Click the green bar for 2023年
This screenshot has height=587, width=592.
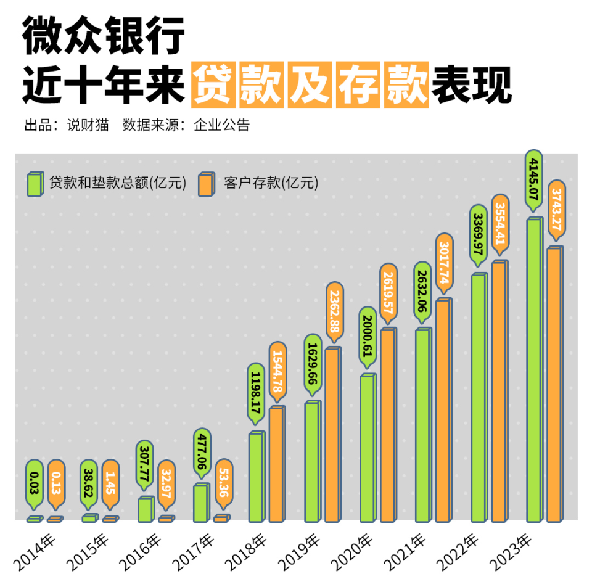(x=534, y=370)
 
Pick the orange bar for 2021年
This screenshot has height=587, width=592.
(x=443, y=411)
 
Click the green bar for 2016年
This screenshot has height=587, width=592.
(x=146, y=509)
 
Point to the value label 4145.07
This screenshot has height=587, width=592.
(x=534, y=179)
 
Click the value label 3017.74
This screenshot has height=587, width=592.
(x=444, y=261)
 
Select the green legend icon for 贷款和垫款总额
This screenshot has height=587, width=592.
(x=35, y=183)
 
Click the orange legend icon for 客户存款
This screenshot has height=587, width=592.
(x=206, y=183)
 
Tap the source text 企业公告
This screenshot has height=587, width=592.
(x=222, y=125)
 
